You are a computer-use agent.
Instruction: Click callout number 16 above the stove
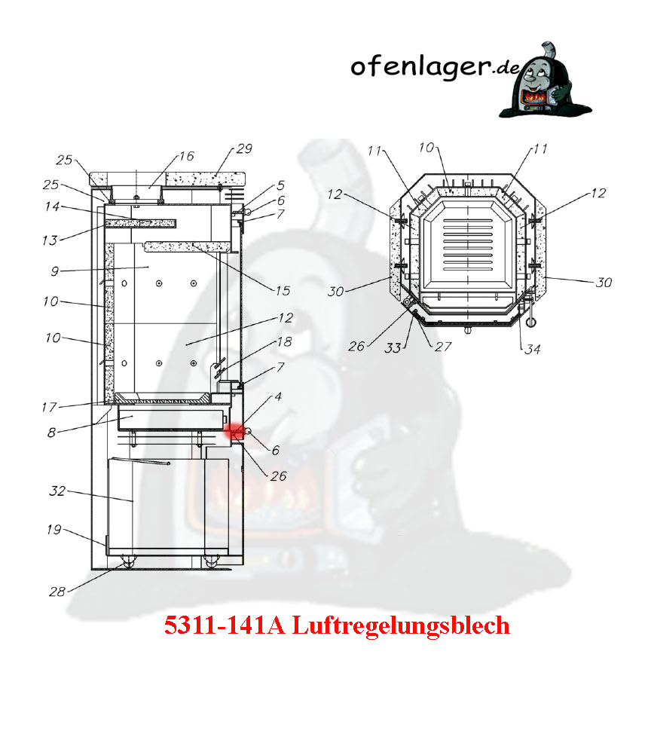point(186,156)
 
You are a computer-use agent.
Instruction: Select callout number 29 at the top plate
point(244,148)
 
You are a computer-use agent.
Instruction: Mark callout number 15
point(283,290)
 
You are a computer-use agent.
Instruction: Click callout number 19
point(53,530)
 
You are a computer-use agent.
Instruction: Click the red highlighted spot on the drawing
point(234,431)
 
